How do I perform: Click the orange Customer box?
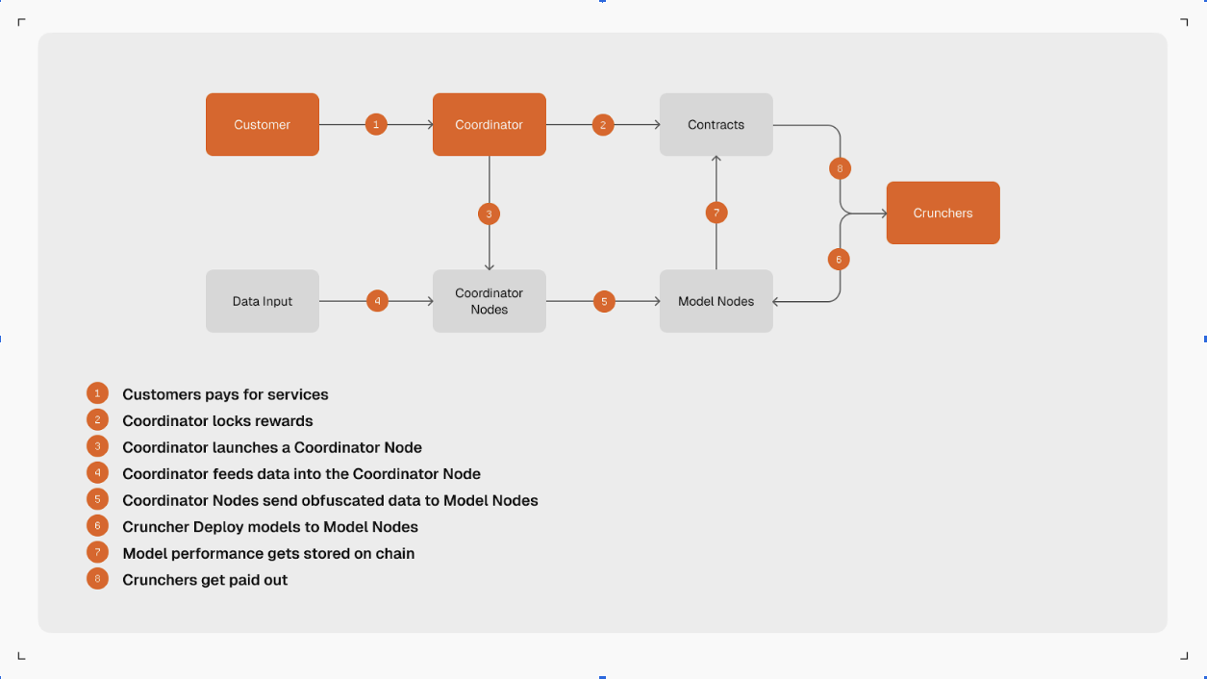[x=262, y=124]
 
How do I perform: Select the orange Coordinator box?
[x=489, y=124]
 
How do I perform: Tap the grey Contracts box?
[x=716, y=124]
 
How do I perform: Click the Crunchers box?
[x=943, y=213]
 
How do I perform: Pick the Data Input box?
[x=262, y=301]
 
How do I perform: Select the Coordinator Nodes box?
[x=489, y=301]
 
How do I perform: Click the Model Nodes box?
[x=716, y=301]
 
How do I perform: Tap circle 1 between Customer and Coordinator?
[x=376, y=124]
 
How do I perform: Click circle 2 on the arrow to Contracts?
[x=603, y=124]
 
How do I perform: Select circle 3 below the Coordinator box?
[x=489, y=214]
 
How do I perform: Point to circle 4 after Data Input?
[x=377, y=301]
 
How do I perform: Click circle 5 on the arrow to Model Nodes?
[x=604, y=301]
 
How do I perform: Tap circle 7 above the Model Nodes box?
[x=716, y=213]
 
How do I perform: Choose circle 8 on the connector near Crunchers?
[x=840, y=169]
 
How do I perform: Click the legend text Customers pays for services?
[x=225, y=394]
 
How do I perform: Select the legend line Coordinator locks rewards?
[x=217, y=421]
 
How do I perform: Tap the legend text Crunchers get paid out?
[x=205, y=580]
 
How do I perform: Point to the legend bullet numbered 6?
[x=97, y=526]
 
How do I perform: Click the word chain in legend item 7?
[x=394, y=554]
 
